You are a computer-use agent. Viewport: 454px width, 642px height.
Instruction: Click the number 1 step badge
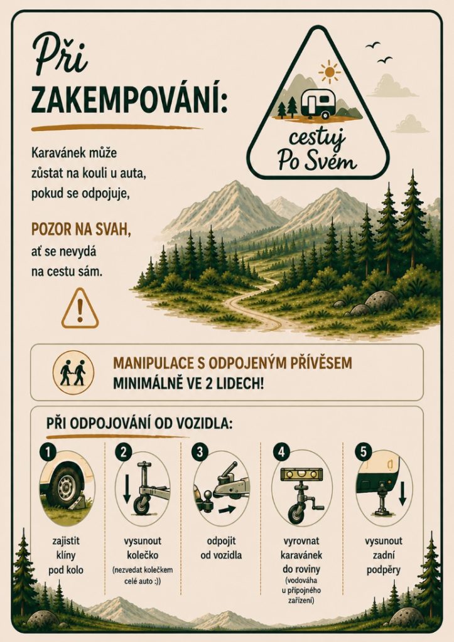pyautogui.click(x=48, y=452)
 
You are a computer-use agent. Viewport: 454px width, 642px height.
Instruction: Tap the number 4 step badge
pyautogui.click(x=281, y=452)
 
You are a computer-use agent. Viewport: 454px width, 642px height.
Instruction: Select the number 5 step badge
pyautogui.click(x=364, y=452)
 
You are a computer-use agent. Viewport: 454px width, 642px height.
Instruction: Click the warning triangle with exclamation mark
pyautogui.click(x=80, y=308)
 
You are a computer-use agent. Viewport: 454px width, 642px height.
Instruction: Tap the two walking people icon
pyautogui.click(x=73, y=372)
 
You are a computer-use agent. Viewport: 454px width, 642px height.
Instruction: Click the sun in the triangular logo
pyautogui.click(x=329, y=71)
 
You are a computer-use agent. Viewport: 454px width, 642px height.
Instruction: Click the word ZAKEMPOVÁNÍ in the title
pyautogui.click(x=129, y=100)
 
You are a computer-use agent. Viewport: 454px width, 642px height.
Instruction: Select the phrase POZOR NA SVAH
pyautogui.click(x=81, y=229)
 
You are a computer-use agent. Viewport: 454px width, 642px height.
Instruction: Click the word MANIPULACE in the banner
pyautogui.click(x=157, y=363)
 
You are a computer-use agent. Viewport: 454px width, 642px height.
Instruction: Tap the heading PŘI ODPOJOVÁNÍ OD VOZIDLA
pyautogui.click(x=139, y=423)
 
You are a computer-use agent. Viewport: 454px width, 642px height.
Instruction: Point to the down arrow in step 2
pyautogui.click(x=127, y=488)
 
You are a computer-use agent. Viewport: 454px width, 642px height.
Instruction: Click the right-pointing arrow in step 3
pyautogui.click(x=227, y=510)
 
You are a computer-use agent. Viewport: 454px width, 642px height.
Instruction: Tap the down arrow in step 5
pyautogui.click(x=403, y=493)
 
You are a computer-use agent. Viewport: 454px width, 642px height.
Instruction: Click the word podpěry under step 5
pyautogui.click(x=384, y=569)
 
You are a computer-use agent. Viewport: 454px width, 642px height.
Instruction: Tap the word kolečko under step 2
pyautogui.click(x=143, y=555)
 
